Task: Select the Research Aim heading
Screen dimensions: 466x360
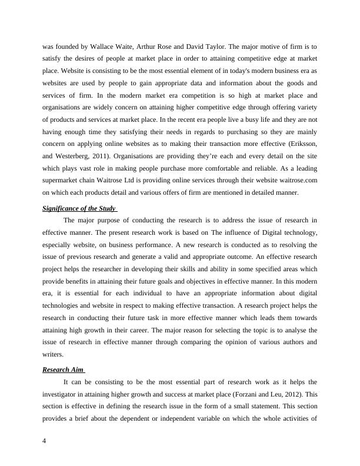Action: [x=63, y=370]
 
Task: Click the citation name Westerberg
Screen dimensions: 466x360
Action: [x=74, y=157]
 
